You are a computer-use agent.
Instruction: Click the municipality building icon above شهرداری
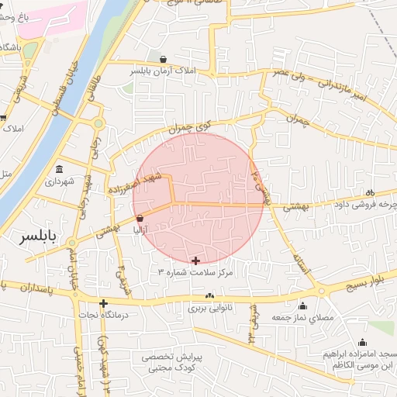59,170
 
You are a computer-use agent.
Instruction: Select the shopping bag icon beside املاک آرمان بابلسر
163,59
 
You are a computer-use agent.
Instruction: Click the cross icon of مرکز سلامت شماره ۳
195,261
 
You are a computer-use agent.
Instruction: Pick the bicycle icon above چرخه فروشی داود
370,193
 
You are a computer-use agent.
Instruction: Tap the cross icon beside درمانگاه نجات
103,303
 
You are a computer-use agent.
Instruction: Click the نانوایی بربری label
209,308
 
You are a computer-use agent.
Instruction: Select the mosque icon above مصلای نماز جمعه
302,306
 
